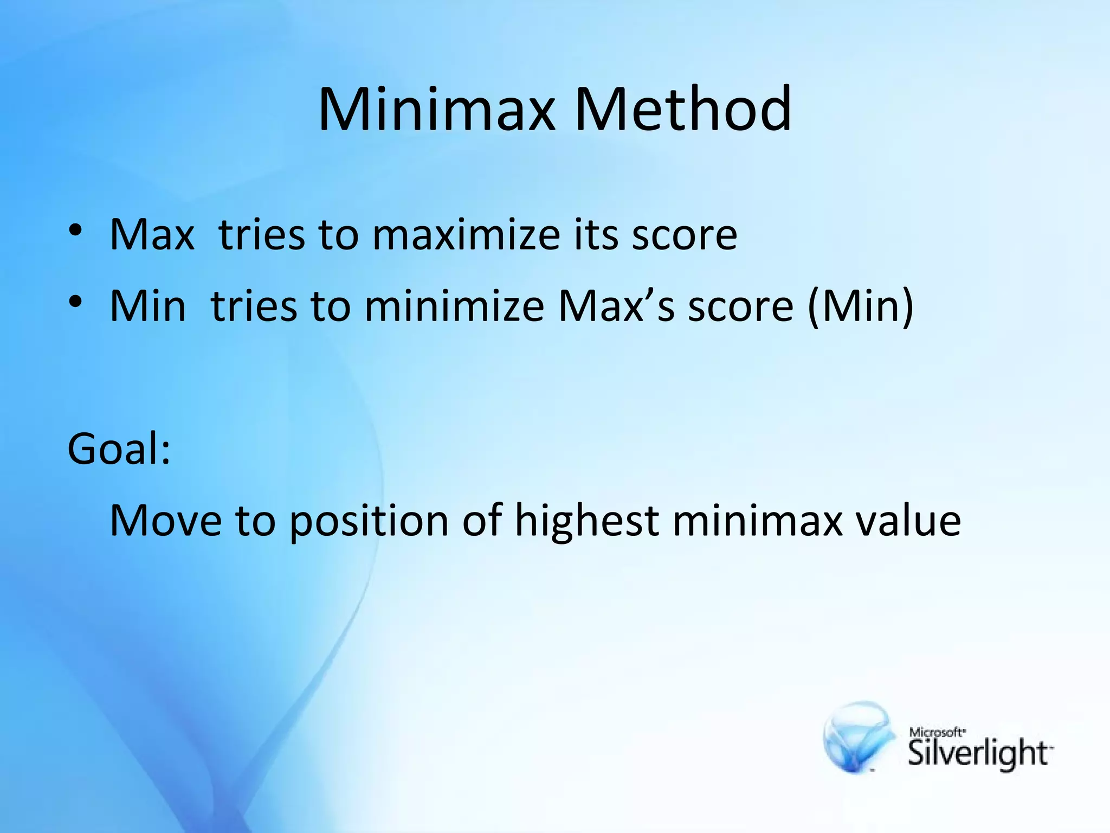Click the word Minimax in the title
437,110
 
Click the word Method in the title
683,110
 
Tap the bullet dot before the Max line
75,230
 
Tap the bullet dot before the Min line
75,302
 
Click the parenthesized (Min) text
861,306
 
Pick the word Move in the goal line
166,521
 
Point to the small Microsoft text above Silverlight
937,732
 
